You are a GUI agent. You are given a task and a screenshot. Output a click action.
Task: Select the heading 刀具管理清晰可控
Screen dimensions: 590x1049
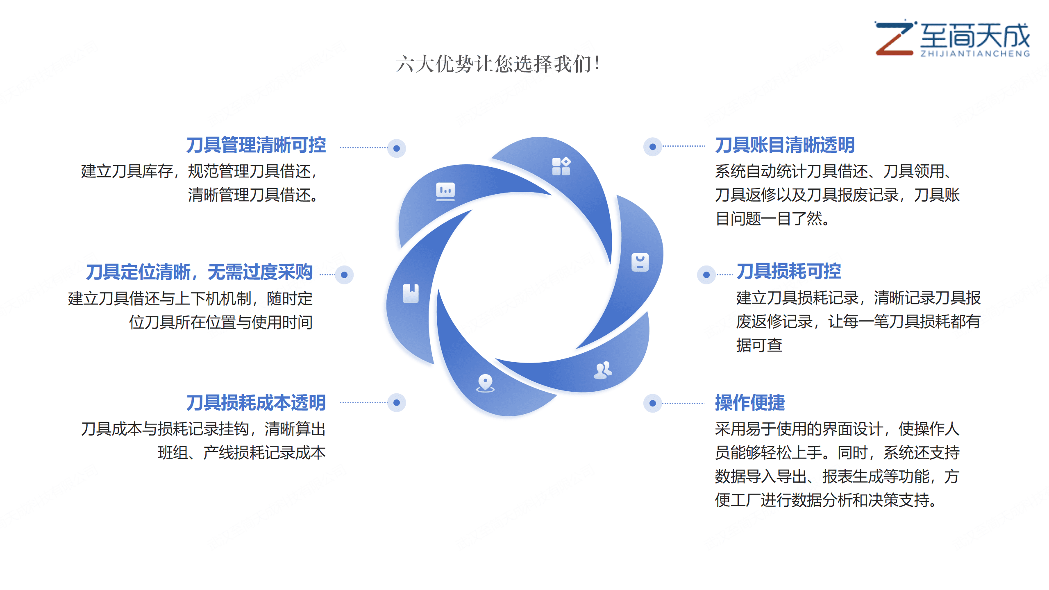point(256,145)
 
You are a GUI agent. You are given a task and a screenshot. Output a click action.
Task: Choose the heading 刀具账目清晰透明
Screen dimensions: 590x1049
point(785,145)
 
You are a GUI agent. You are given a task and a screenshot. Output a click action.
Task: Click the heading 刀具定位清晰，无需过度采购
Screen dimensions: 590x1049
point(199,272)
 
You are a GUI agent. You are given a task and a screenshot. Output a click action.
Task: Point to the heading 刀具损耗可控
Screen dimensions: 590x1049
point(788,271)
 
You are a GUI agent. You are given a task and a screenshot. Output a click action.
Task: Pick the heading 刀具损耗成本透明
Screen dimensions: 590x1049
point(256,403)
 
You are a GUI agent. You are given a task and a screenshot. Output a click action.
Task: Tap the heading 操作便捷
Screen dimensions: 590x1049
point(750,403)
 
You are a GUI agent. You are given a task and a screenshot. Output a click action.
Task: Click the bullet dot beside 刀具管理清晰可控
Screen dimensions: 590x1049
point(397,148)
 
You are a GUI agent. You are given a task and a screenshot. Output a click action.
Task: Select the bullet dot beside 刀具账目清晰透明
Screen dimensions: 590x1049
point(653,147)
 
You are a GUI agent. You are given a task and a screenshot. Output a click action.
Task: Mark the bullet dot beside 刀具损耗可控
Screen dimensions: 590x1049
point(706,275)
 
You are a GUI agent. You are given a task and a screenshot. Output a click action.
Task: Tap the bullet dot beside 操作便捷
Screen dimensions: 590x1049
point(653,403)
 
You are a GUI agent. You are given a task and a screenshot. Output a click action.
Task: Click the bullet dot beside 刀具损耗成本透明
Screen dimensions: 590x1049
point(397,403)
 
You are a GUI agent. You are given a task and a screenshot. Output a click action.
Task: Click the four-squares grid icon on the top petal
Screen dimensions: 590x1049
point(561,166)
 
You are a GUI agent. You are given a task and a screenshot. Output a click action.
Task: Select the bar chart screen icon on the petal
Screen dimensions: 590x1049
point(445,191)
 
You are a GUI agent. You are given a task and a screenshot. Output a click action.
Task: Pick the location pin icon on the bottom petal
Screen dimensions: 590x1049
point(485,383)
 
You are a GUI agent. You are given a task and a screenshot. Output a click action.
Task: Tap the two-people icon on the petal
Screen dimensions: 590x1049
point(603,370)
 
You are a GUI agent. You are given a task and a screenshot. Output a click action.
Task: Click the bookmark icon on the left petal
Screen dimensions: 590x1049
point(411,293)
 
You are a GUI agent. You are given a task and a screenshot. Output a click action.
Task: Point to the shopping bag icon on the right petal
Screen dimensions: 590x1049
point(640,262)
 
